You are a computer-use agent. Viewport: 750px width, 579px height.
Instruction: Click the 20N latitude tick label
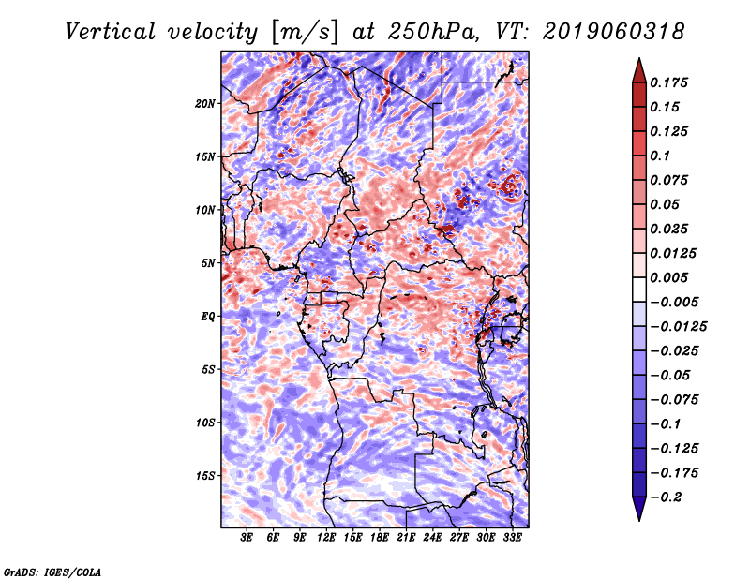pyautogui.click(x=204, y=104)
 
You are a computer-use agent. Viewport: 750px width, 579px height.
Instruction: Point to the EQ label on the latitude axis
pyautogui.click(x=208, y=317)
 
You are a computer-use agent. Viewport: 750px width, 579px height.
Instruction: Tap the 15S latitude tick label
pyautogui.click(x=205, y=476)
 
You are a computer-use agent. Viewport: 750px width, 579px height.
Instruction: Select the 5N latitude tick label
pyautogui.click(x=208, y=263)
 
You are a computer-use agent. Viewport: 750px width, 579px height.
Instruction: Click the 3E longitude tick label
pyautogui.click(x=247, y=538)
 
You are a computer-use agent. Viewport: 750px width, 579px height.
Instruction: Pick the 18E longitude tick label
pyautogui.click(x=380, y=538)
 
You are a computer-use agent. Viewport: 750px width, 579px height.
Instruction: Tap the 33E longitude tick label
pyautogui.click(x=512, y=538)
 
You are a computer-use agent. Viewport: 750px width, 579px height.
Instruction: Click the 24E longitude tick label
pyautogui.click(x=432, y=538)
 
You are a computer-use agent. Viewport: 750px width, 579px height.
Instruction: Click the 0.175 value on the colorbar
pyautogui.click(x=668, y=82)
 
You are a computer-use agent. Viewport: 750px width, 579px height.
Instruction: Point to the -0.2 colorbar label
pyautogui.click(x=666, y=497)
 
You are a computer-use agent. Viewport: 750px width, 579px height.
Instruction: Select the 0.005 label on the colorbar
pyautogui.click(x=668, y=277)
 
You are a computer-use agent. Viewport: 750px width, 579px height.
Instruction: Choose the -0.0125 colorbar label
pyautogui.click(x=678, y=327)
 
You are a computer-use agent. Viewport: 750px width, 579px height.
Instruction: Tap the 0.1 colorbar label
pyautogui.click(x=660, y=156)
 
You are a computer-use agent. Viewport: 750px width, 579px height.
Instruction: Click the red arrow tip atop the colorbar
pyautogui.click(x=639, y=59)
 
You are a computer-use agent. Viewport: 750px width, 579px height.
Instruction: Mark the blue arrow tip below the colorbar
pyautogui.click(x=639, y=519)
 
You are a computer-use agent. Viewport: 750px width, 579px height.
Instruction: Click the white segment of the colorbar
pyautogui.click(x=639, y=289)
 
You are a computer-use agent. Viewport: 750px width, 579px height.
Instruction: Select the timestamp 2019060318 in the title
pyautogui.click(x=614, y=32)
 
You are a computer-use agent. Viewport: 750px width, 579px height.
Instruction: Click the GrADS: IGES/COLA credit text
pyautogui.click(x=52, y=572)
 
